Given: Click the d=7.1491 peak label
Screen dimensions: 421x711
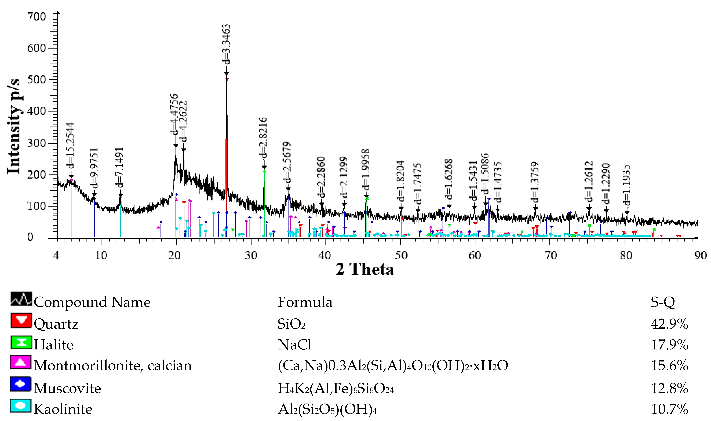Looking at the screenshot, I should [119, 168].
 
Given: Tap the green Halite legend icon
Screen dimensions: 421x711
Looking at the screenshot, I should [21, 342].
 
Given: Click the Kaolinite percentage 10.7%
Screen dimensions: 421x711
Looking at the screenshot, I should [669, 409].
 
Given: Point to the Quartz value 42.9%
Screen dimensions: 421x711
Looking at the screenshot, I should [669, 324].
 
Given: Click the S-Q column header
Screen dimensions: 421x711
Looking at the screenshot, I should [662, 302].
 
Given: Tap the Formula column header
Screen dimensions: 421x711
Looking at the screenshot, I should [305, 302].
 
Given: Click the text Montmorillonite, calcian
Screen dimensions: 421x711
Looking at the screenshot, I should [113, 366].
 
